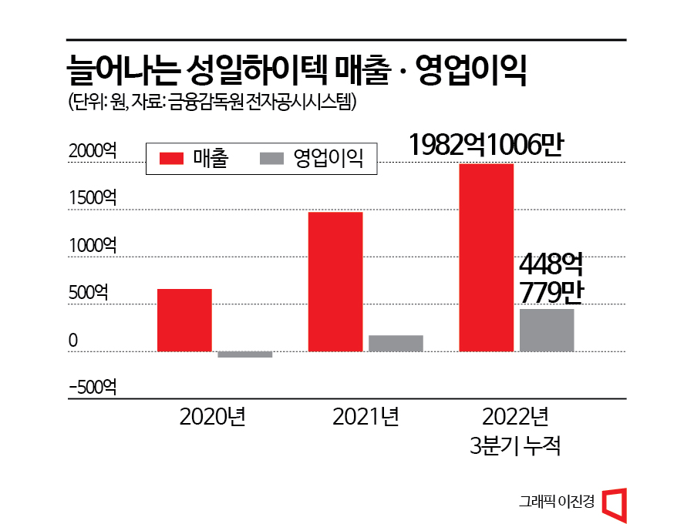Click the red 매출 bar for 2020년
pyautogui.click(x=184, y=321)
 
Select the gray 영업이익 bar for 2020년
pyautogui.click(x=244, y=354)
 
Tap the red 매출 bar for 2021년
pyautogui.click(x=335, y=282)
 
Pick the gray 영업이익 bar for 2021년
pyautogui.click(x=396, y=344)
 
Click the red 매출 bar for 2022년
pyautogui.click(x=487, y=257)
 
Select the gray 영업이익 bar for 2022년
pyautogui.click(x=547, y=331)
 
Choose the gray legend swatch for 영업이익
pyautogui.click(x=273, y=159)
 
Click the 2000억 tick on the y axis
pyautogui.click(x=93, y=151)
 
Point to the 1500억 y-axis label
pyautogui.click(x=93, y=198)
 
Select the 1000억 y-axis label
pyautogui.click(x=93, y=246)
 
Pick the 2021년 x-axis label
pyautogui.click(x=366, y=417)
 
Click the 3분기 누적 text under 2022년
pyautogui.click(x=515, y=446)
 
